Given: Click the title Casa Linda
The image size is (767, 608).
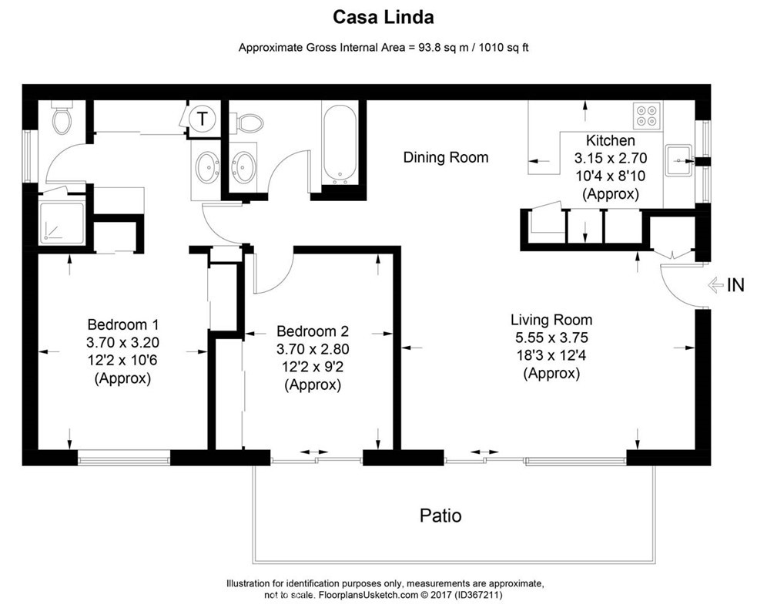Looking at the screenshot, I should (x=383, y=17).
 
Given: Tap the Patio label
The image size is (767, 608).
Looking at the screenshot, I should (x=440, y=515).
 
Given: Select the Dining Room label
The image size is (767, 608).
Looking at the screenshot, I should (x=446, y=157).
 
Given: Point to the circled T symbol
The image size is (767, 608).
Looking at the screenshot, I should (x=203, y=119).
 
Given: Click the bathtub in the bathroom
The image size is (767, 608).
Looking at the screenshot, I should (x=339, y=143).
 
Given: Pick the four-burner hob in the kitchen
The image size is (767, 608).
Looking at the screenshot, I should (x=647, y=115).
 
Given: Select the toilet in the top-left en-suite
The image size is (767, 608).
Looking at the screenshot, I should (x=61, y=117).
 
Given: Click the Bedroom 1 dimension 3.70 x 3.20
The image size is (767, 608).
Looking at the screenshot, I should (x=123, y=342).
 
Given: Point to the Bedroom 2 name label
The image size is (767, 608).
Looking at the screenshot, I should (x=313, y=331).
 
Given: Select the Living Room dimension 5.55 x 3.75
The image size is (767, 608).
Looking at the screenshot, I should (x=551, y=338).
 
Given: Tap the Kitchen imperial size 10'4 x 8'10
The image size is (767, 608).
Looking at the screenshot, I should (x=611, y=176).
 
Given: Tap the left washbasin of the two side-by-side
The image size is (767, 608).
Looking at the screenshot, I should (x=206, y=166).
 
